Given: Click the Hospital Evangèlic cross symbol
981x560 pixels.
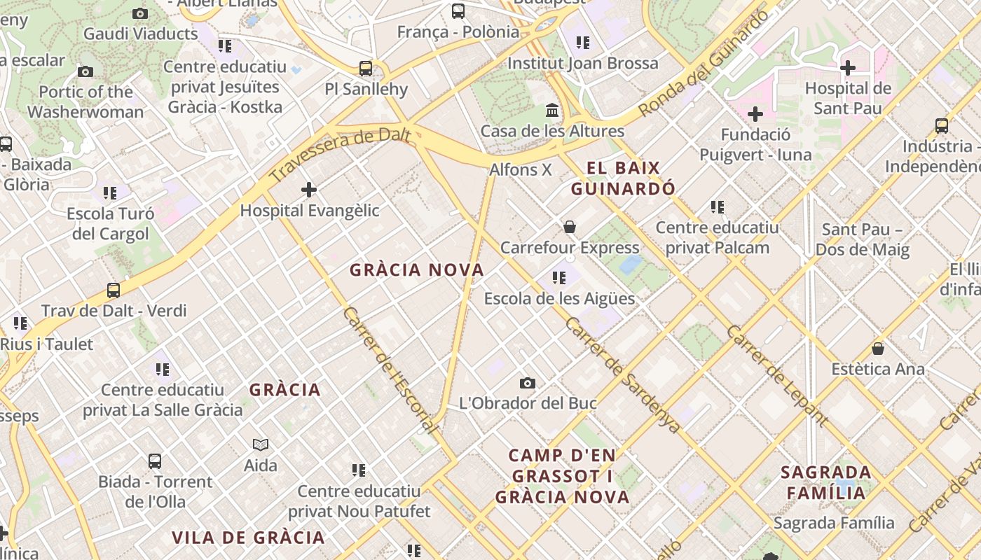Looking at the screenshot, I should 309,190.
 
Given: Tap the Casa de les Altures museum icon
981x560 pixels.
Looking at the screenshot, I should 552,111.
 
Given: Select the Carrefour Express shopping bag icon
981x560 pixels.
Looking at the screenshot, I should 570,227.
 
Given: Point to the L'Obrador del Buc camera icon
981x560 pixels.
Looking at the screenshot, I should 528,383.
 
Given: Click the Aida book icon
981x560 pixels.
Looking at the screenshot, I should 261,444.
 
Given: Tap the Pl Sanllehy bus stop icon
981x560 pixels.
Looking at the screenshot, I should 366,69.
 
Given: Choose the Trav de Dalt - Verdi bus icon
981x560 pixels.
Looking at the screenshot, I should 114,290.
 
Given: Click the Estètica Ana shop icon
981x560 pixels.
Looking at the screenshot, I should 878,349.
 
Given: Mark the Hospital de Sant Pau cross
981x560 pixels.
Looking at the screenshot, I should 848,68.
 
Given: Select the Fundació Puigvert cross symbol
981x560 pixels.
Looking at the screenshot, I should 755,114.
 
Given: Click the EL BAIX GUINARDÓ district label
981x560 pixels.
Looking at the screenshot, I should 623,178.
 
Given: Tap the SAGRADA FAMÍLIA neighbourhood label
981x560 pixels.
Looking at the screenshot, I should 826,482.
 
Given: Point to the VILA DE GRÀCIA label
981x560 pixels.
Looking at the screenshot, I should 249,538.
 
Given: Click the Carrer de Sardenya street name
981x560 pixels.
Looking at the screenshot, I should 622,374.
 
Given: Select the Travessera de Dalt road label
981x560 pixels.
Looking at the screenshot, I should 340,154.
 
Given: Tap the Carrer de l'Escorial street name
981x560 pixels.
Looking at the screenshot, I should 391,371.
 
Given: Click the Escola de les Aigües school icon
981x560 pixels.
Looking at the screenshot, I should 558,278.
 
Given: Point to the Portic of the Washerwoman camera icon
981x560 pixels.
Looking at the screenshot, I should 85,71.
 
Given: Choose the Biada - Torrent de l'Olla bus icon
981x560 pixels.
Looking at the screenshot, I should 155,461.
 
